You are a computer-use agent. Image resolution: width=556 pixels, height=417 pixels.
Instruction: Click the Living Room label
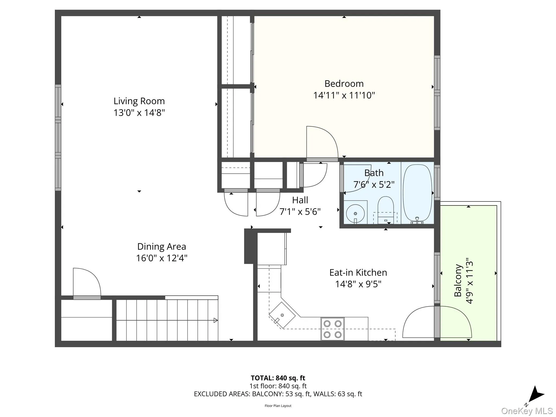[x=139, y=101]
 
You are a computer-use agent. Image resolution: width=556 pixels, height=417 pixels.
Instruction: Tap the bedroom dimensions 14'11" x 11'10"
[x=344, y=95]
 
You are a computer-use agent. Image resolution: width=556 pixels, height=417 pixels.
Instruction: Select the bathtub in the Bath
[x=417, y=193]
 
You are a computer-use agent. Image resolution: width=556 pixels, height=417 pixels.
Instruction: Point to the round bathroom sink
[x=355, y=214]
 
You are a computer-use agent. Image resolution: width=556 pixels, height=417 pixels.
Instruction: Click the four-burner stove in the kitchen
[x=333, y=329]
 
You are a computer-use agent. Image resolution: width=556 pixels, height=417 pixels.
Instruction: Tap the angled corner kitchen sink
[x=282, y=315]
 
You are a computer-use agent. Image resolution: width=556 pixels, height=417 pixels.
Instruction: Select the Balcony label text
[x=458, y=280]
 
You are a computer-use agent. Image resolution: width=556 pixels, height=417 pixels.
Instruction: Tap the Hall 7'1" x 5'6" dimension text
[x=300, y=211]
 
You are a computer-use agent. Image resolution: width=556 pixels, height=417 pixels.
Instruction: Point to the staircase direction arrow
[x=216, y=320]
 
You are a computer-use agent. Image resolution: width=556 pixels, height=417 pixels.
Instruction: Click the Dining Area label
[x=162, y=247]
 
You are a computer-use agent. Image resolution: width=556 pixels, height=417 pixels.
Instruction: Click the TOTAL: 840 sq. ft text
[x=278, y=378]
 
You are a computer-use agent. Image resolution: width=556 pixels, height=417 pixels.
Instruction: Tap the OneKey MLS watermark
[x=527, y=411]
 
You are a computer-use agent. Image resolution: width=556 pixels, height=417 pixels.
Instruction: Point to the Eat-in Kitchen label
[x=358, y=273]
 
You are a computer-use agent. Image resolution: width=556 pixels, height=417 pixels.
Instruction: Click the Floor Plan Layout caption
[x=278, y=406]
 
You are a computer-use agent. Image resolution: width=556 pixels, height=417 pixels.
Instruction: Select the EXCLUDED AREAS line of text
[x=278, y=394]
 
